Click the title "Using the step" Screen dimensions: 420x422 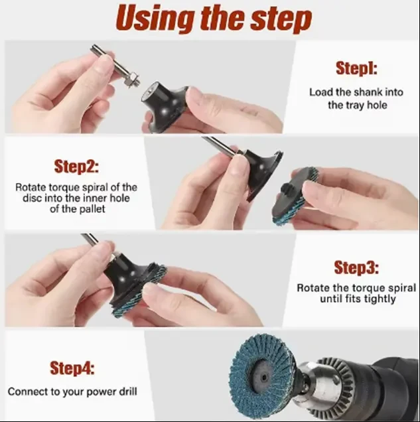click(214, 19)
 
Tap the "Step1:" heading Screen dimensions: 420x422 click(356, 68)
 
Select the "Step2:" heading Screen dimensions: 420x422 click(76, 167)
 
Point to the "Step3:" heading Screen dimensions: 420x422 click(356, 267)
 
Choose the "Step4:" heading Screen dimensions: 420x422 click(72, 368)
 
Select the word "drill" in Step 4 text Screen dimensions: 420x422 click(128, 391)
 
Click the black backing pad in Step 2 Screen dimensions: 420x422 click(262, 175)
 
